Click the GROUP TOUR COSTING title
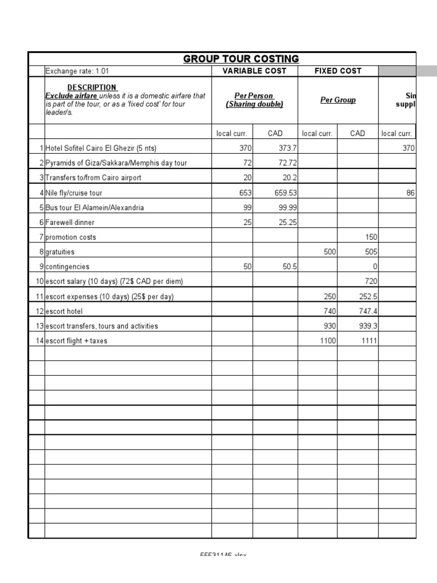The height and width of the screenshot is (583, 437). click(241, 59)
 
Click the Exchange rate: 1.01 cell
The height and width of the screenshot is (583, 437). click(77, 71)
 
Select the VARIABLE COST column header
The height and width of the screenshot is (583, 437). click(254, 71)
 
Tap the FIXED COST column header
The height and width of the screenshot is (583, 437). click(338, 71)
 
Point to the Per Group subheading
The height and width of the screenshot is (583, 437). click(338, 100)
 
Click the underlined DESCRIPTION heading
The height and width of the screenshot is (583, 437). click(92, 87)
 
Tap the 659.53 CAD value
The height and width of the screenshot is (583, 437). click(286, 192)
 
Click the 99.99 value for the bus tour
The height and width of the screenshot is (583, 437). click(286, 207)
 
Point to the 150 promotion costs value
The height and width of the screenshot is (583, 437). click(370, 237)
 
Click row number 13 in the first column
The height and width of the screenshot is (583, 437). click(39, 326)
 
